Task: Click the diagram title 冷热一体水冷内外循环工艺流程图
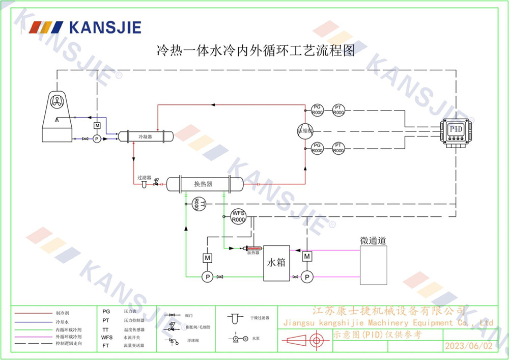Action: (254, 50)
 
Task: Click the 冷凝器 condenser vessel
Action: (146, 136)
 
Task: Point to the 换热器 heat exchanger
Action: (203, 184)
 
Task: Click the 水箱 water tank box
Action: (276, 263)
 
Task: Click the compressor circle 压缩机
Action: (305, 129)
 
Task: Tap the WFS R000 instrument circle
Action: (238, 216)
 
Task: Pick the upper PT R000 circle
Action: (338, 109)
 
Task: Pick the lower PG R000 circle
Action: (317, 148)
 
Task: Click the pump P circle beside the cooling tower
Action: (97, 139)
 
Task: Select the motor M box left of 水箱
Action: (208, 258)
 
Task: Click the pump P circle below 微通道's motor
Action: (306, 277)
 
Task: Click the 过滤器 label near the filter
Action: (145, 178)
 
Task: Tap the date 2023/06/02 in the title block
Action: (469, 346)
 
